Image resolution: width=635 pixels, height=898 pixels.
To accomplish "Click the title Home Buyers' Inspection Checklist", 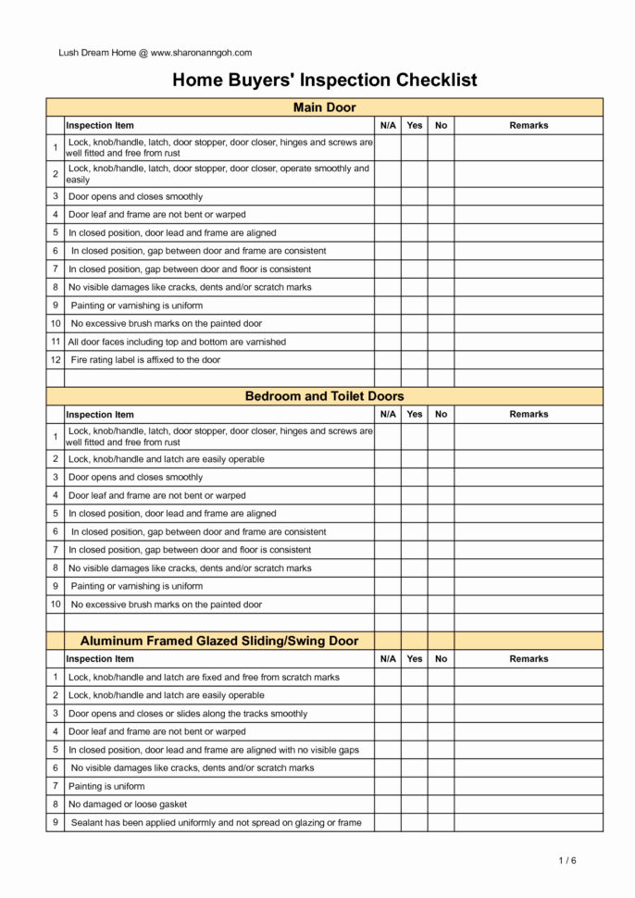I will click(324, 81).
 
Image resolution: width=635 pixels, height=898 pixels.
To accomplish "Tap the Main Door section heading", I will click(324, 107).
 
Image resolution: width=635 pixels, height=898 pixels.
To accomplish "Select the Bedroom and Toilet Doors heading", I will click(324, 396).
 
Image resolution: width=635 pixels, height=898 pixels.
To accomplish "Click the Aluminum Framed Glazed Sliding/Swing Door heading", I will click(219, 641).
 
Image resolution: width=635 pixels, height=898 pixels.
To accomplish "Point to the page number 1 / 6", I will click(567, 861).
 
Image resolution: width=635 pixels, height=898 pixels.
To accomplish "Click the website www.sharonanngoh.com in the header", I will click(201, 53).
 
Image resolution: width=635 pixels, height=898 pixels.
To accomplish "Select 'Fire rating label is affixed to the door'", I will click(145, 360).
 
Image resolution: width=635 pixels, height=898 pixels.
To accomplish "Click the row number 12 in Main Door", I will click(56, 360).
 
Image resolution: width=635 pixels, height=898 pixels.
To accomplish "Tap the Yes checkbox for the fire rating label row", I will click(414, 360).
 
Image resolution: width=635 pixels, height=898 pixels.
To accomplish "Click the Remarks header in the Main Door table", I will click(529, 125).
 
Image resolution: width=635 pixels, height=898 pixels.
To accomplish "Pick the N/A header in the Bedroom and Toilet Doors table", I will click(388, 415).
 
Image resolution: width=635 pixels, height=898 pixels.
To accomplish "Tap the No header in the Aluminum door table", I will click(441, 659).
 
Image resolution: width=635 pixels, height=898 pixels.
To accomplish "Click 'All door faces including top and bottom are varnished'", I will click(177, 342).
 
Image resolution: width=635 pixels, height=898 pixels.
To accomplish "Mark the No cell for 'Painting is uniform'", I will click(441, 786).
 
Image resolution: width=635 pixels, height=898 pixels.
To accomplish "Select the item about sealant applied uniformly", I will click(216, 822).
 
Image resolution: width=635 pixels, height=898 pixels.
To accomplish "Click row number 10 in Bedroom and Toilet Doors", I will click(56, 605).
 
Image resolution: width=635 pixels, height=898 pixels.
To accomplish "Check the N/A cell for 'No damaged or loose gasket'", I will click(388, 804).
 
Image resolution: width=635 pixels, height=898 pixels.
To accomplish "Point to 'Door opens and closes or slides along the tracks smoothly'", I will click(188, 714).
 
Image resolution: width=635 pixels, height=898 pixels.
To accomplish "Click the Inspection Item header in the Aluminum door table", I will click(100, 659).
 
